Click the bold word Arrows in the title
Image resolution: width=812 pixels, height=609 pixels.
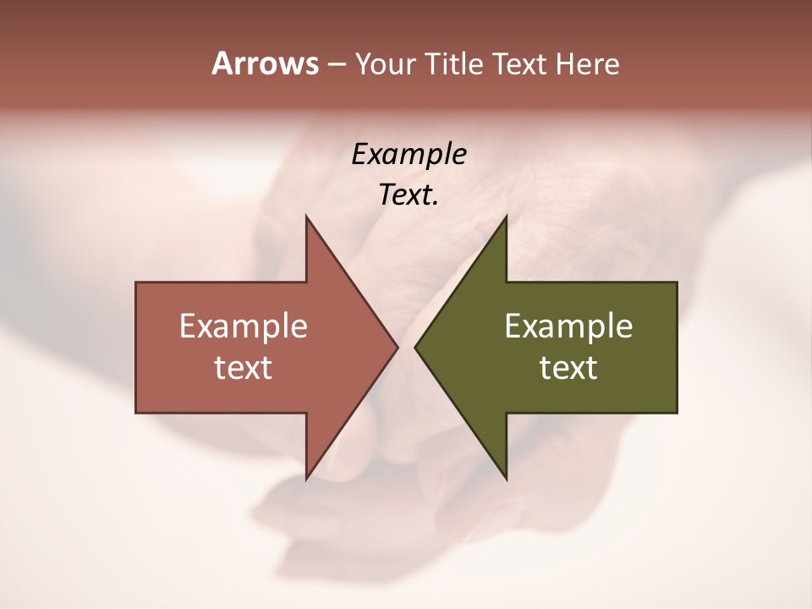pyautogui.click(x=264, y=63)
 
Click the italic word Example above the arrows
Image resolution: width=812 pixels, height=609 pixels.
pyautogui.click(x=409, y=154)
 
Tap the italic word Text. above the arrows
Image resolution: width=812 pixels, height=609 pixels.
pyautogui.click(x=409, y=195)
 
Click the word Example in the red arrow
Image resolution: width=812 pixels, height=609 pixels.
pyautogui.click(x=244, y=326)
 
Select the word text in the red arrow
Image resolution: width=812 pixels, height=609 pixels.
pyautogui.click(x=244, y=368)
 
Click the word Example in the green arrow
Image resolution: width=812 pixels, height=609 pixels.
pyautogui.click(x=568, y=326)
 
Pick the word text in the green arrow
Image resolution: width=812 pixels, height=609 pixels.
pyautogui.click(x=568, y=368)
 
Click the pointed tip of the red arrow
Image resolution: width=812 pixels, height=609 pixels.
pyautogui.click(x=398, y=347)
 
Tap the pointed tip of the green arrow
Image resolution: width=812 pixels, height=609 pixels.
pyautogui.click(x=414, y=347)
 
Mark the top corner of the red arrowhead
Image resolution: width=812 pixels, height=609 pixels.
pyautogui.click(x=306, y=216)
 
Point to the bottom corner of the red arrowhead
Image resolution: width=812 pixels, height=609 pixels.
pyautogui.click(x=306, y=479)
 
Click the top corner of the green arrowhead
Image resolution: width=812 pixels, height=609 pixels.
pyautogui.click(x=506, y=216)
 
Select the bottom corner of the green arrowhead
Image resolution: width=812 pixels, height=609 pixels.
pyautogui.click(x=506, y=479)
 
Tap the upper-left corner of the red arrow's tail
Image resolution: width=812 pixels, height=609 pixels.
pyautogui.click(x=136, y=283)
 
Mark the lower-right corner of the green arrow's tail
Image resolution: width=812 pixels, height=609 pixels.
pyautogui.click(x=677, y=413)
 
